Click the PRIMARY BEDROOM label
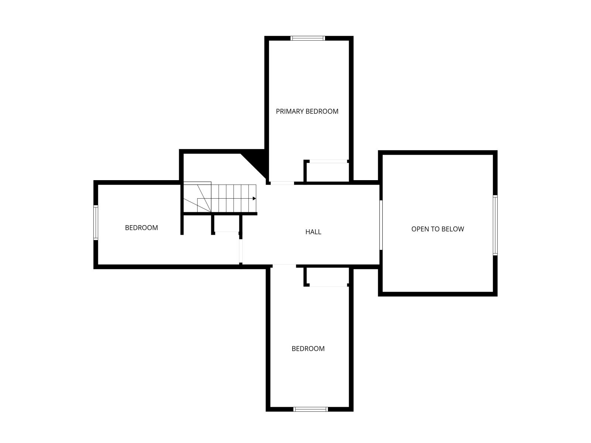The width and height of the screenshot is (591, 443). (307, 111)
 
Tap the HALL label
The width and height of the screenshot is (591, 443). (313, 232)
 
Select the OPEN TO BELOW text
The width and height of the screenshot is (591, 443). (438, 229)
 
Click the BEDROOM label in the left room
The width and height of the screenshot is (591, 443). (141, 227)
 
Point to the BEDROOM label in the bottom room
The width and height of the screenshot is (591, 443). (308, 348)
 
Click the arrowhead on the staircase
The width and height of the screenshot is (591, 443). (254, 199)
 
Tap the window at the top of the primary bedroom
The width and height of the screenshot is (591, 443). (308, 38)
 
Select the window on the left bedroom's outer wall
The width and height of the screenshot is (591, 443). (96, 223)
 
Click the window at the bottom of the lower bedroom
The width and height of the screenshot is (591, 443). (311, 409)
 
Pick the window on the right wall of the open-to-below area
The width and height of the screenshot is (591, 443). (495, 225)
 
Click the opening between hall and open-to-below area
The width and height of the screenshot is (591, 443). (381, 225)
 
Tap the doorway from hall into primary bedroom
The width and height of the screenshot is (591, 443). (282, 183)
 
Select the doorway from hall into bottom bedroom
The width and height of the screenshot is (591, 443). (284, 266)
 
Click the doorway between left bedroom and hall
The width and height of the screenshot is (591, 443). (241, 251)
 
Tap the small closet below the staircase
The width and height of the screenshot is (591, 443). (227, 223)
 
